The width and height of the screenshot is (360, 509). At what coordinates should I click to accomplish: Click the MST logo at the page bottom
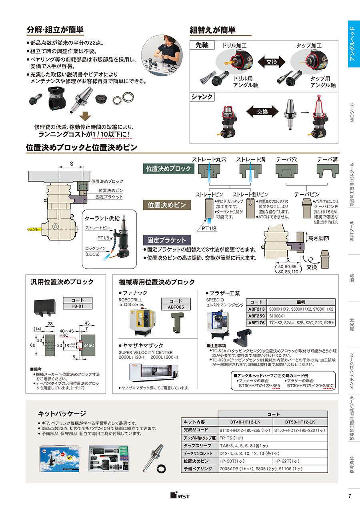pos(180,496)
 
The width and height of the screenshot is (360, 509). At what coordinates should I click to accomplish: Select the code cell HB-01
pos(78,306)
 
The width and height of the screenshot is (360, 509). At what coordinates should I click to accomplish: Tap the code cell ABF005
pos(175,307)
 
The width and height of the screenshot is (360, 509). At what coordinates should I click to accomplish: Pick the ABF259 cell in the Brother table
pos(256,315)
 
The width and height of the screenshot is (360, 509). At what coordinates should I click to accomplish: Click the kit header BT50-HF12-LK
pos(300,422)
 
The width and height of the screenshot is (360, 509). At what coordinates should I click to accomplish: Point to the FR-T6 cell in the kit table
pos(227,438)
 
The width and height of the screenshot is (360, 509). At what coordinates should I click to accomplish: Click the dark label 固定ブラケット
pos(167,240)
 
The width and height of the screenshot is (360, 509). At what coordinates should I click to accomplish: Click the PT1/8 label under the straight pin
pos(208,228)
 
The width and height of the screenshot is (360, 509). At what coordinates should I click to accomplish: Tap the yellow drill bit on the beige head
pos(34,230)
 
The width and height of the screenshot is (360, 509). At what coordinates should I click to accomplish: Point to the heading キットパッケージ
pos(62,413)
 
